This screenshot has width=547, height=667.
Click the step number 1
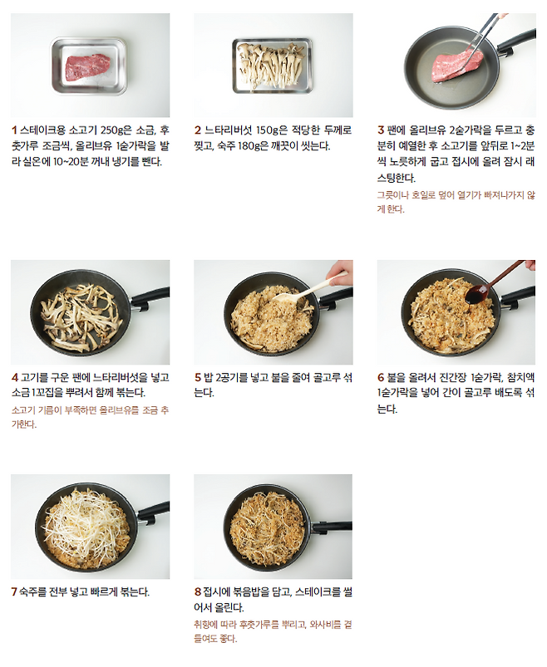14,130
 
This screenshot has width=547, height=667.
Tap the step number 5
198,377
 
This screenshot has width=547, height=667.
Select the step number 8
198,591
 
